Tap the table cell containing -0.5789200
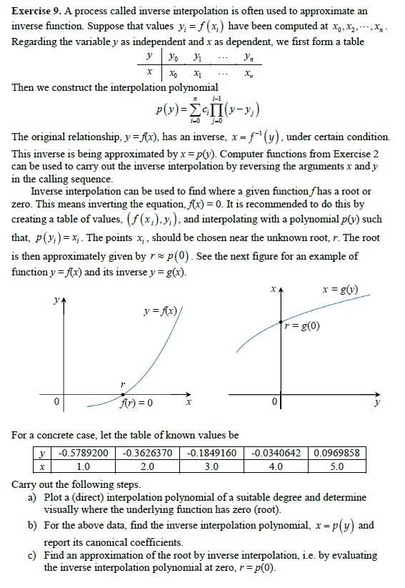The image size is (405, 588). [83, 453]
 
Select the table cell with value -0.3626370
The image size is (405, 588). [147, 453]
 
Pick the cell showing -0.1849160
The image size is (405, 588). [212, 453]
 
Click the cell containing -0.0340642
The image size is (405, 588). [276, 453]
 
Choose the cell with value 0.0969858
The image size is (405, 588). [336, 453]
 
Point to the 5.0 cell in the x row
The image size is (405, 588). [336, 466]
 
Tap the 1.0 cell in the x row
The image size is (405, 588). [83, 466]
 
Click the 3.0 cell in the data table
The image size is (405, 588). [212, 466]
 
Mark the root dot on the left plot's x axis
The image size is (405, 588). [122, 393]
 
